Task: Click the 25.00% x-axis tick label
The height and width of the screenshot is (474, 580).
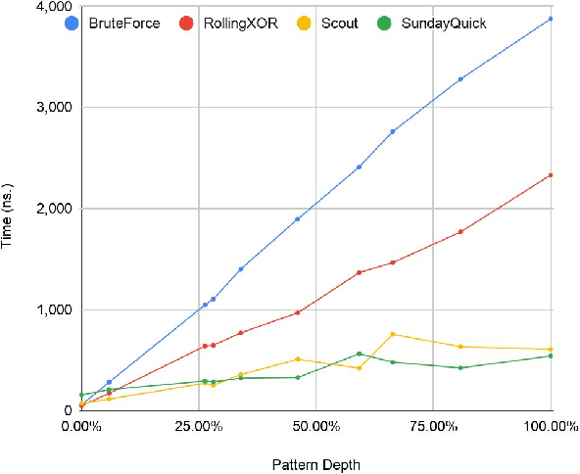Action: click(x=197, y=426)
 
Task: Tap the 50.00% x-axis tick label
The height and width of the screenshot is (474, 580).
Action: click(x=314, y=426)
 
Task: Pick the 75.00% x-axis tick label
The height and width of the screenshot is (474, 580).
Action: click(x=432, y=426)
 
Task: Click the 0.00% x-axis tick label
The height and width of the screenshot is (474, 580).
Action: click(x=80, y=426)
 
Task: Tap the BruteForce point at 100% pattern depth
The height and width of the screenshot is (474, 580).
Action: click(x=551, y=19)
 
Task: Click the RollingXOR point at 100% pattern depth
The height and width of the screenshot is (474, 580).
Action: click(x=551, y=175)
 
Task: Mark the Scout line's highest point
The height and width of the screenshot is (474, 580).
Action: click(x=393, y=334)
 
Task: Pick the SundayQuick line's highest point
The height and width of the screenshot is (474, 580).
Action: click(x=360, y=354)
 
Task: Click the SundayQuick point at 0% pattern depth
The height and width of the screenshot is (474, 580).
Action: click(x=81, y=395)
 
